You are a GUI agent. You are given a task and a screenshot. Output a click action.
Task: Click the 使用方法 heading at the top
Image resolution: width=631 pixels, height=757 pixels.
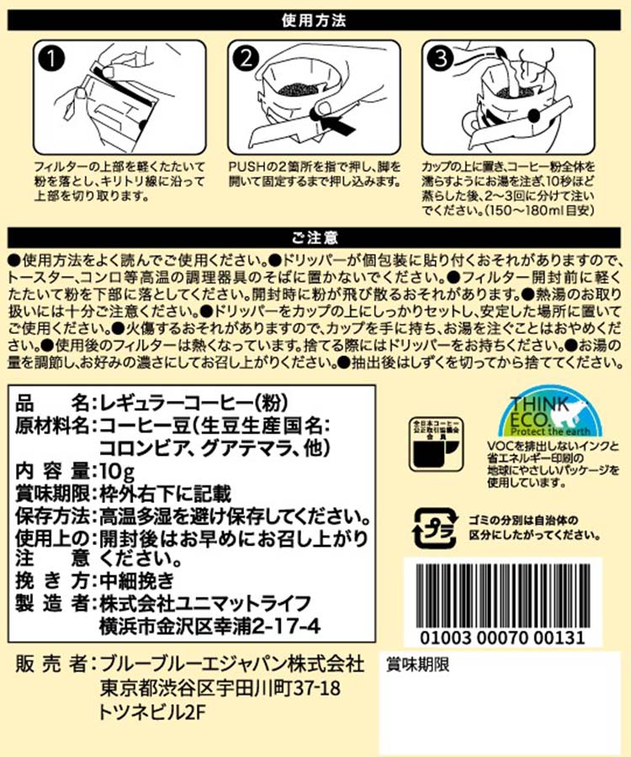pos(314,21)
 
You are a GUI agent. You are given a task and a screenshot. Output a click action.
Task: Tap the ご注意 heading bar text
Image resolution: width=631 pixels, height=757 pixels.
pos(315,237)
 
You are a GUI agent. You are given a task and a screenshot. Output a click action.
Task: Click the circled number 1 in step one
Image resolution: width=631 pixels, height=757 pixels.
pos(50,58)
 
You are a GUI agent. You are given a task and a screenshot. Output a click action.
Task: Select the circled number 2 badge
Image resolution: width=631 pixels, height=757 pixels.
pos(246,58)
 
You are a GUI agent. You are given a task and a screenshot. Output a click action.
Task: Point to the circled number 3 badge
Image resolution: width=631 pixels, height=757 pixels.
pos(440,58)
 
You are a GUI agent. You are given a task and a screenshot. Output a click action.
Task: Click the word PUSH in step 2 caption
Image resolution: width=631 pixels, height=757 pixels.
pos(247,167)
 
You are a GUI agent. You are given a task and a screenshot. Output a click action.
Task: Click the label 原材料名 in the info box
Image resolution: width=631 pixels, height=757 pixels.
pos(52,426)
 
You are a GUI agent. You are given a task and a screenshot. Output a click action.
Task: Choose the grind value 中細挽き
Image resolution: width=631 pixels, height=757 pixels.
pos(136,580)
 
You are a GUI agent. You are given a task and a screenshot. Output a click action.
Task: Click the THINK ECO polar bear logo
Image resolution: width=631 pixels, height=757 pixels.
pos(550,412)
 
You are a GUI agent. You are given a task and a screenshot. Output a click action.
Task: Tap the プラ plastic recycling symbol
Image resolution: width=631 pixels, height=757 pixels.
pos(434,527)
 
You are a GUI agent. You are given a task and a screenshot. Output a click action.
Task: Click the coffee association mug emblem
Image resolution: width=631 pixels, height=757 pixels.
pos(436,444)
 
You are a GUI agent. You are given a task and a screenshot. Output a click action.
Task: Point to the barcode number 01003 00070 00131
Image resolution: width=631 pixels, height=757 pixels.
pos(502,638)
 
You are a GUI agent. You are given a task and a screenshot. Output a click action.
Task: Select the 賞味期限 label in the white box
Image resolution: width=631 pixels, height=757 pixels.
pos(417,664)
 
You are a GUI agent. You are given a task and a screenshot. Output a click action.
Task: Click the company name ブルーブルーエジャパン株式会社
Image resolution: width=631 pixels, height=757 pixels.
pos(231,664)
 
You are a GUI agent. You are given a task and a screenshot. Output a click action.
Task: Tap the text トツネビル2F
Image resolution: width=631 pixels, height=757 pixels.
pos(152,712)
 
